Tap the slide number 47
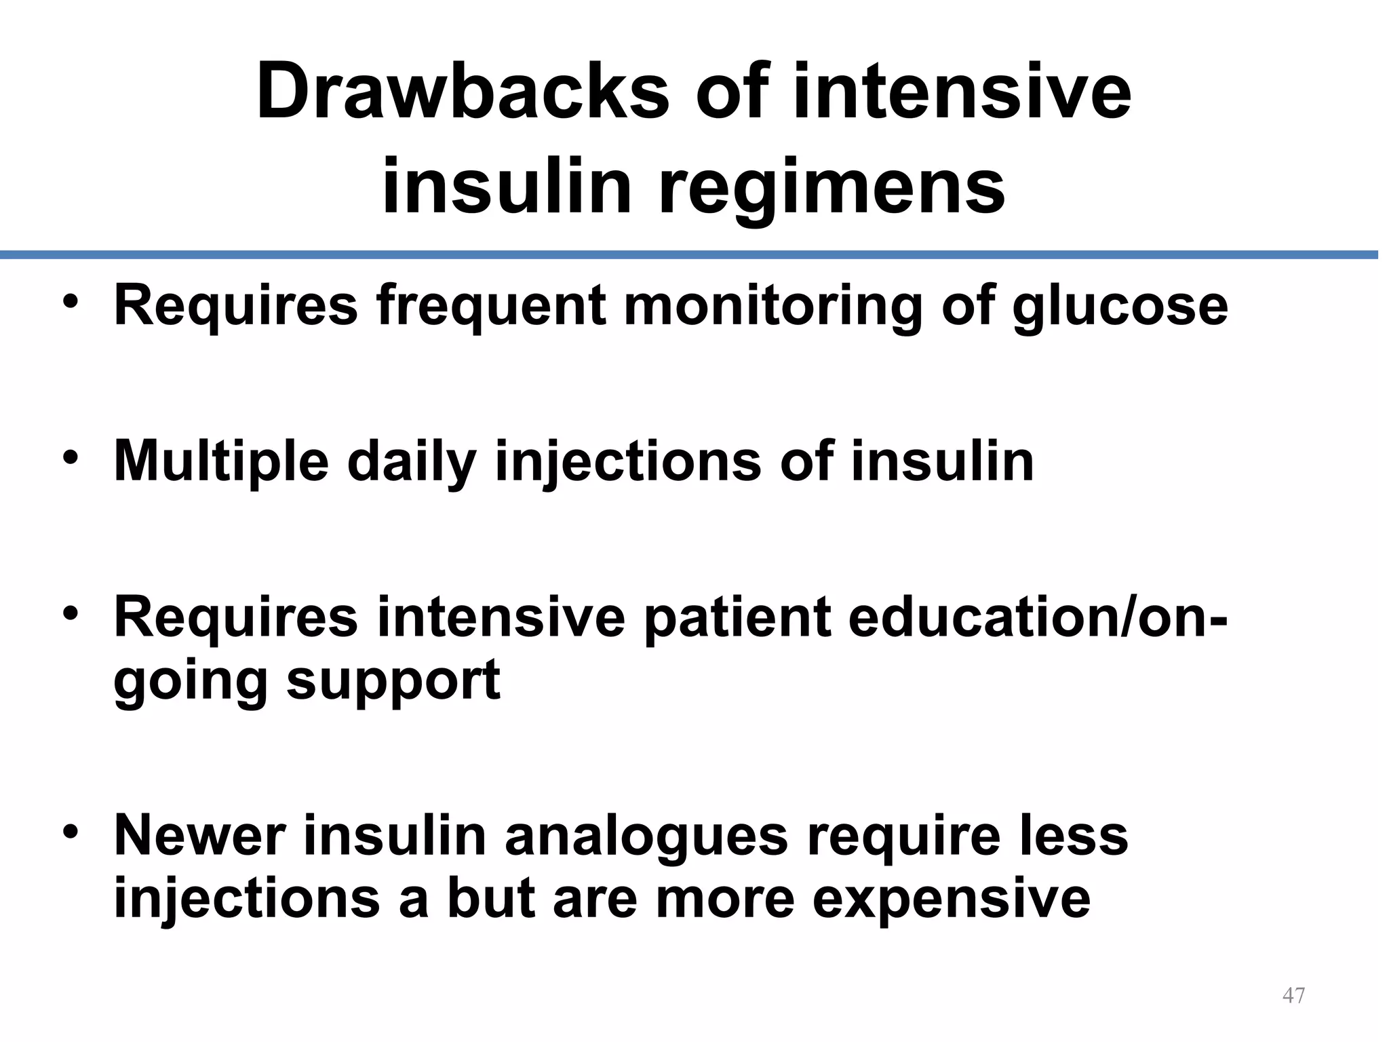click(x=1294, y=996)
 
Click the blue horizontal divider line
click(x=689, y=254)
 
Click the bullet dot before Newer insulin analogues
click(x=70, y=831)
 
